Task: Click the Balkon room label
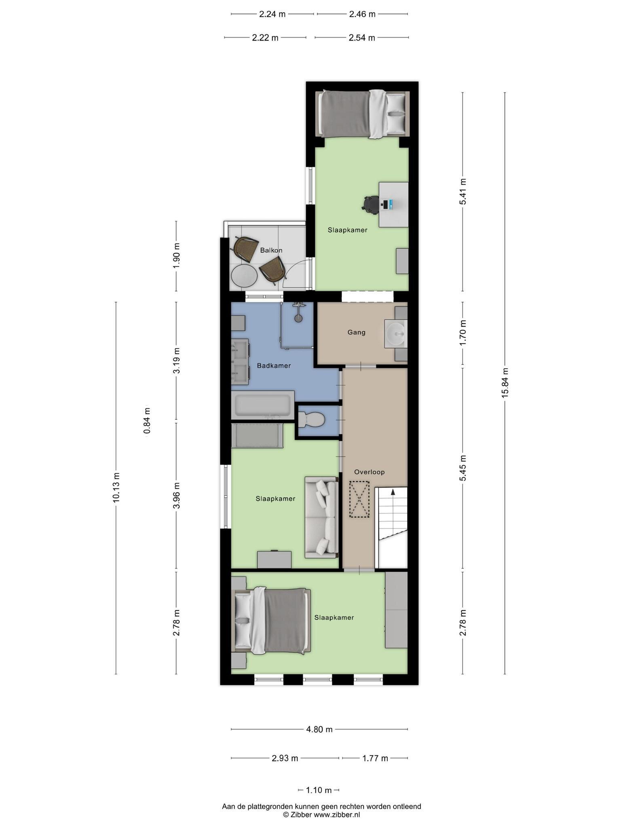271,250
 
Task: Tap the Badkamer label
274,365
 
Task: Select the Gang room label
357,332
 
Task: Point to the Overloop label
369,472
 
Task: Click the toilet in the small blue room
311,419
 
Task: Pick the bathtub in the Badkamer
263,405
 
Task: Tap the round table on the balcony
244,276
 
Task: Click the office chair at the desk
370,204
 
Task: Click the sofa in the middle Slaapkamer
321,517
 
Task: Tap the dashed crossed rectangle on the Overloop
359,499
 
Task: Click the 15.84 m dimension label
505,383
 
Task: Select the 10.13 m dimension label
116,488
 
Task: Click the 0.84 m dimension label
147,420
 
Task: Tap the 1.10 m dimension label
319,790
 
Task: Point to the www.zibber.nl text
337,815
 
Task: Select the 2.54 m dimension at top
362,38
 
